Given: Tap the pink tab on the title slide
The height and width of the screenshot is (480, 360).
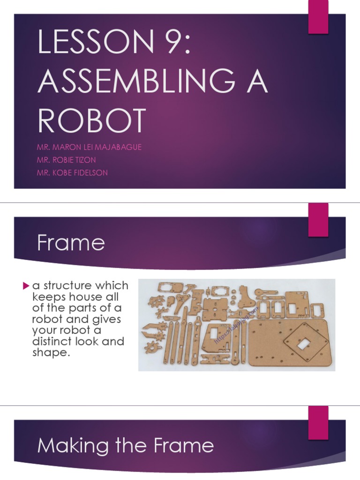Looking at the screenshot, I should point(318,17).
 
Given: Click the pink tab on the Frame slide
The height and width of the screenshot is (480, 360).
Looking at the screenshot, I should point(318,220).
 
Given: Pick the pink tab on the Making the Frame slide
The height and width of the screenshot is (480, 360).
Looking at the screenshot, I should point(318,423).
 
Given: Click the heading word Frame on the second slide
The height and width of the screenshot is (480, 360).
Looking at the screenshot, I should point(71,243).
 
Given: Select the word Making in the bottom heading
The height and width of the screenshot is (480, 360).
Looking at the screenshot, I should point(68,446).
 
